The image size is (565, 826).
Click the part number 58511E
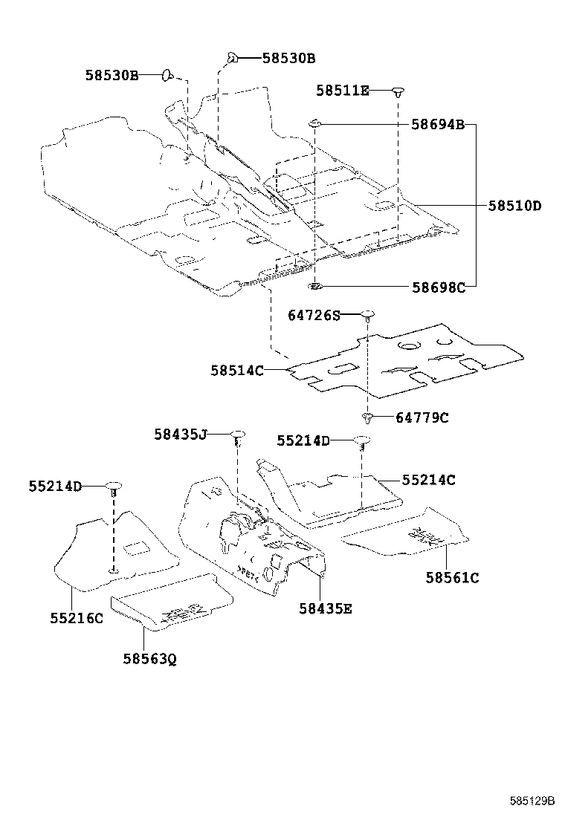click(342, 91)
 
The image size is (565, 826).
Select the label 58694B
click(438, 125)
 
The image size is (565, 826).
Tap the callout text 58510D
click(514, 205)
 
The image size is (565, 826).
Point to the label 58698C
click(438, 287)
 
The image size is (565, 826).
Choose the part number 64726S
click(314, 315)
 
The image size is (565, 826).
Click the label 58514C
click(236, 369)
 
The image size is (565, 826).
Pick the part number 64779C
click(422, 417)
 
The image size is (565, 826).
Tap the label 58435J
click(181, 435)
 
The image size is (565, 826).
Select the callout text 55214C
click(428, 480)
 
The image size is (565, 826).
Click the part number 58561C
click(452, 577)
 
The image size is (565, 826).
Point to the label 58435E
click(326, 608)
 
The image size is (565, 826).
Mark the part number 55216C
click(77, 617)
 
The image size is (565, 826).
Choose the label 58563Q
click(150, 658)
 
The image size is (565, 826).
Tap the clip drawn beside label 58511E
click(399, 91)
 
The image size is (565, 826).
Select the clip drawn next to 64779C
click(367, 417)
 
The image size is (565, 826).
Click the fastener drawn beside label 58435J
click(237, 435)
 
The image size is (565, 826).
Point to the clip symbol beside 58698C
click(315, 285)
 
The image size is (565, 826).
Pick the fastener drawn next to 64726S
click(367, 315)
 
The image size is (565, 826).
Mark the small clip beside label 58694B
click(315, 123)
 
